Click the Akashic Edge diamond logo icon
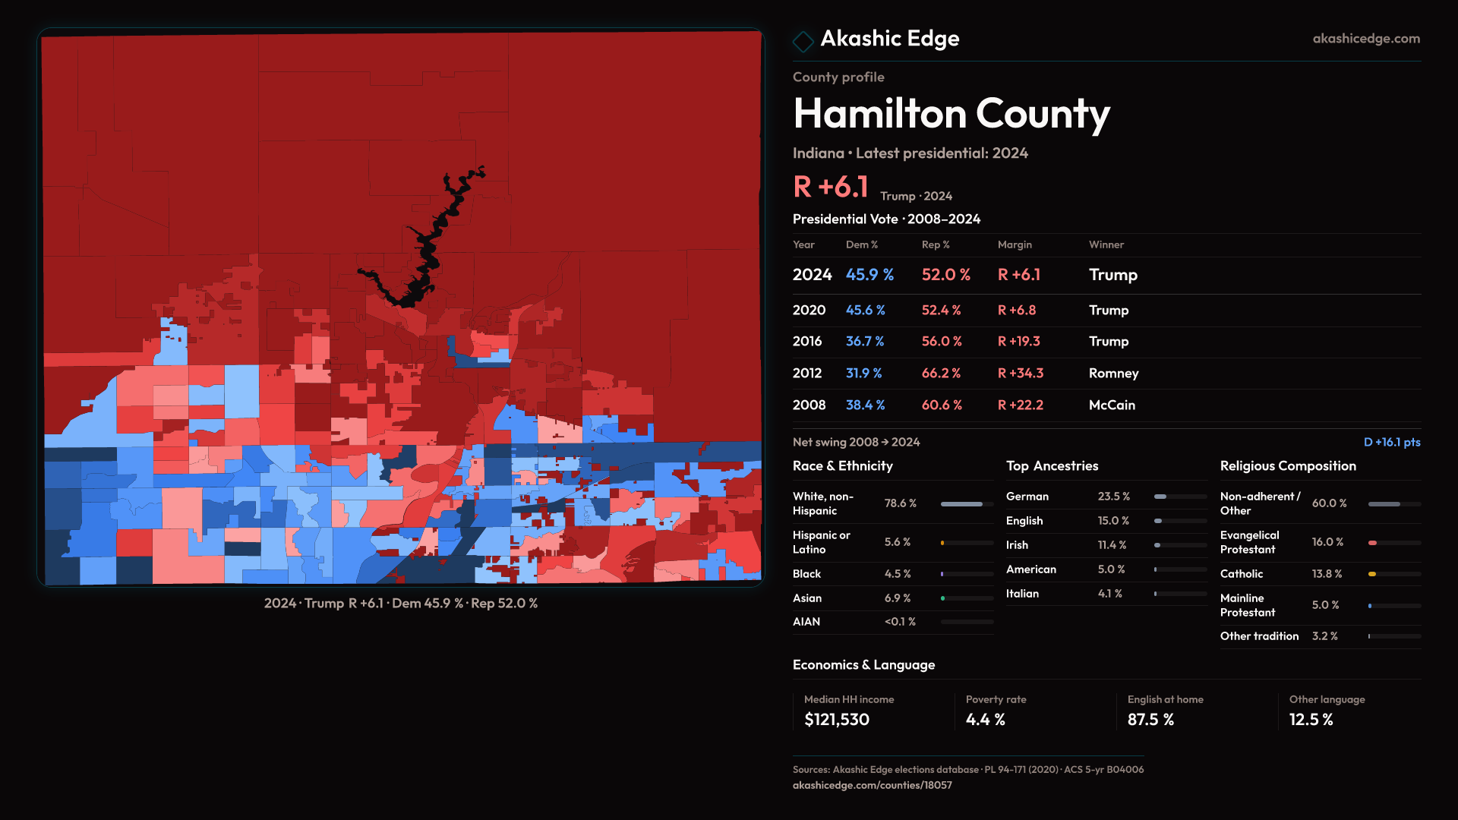pos(803,40)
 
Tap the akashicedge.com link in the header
pos(1365,39)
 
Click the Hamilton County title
pos(951,114)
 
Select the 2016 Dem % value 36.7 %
pos(864,342)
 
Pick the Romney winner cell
pos(1113,374)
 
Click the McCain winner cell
pos(1111,405)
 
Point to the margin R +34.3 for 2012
pos(1020,374)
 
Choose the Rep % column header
pos(935,244)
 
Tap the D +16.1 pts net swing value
pos(1391,442)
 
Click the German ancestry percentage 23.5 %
pos(1113,497)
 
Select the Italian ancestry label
pos(1022,594)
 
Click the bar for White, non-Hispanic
pos(961,504)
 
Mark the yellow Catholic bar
pos(1372,574)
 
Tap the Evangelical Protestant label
pos(1249,542)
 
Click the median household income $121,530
pos(836,720)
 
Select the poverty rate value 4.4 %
pos(985,720)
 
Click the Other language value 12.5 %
pos(1311,720)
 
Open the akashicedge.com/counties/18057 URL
pos(872,785)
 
